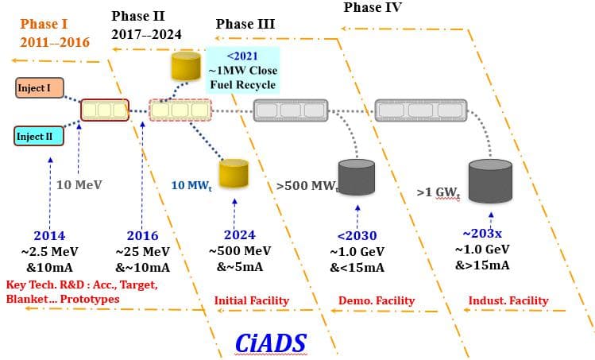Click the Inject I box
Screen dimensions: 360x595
tap(39, 87)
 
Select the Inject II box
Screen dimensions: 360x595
tap(39, 136)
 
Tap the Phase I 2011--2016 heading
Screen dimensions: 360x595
tap(55, 33)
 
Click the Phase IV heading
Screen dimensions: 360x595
tap(373, 7)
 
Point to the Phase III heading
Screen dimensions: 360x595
tap(245, 24)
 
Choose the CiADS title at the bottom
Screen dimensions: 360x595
tap(271, 342)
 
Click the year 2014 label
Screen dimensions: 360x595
tap(49, 235)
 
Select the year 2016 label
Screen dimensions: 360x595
tap(142, 235)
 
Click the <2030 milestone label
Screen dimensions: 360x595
tap(357, 235)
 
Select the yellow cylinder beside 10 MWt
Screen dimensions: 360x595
tap(234, 174)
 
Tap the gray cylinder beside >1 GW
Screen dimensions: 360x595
tap(489, 182)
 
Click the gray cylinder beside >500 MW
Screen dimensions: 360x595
tap(356, 177)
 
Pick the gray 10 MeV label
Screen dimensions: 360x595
tap(79, 185)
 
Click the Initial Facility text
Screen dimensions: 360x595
tap(252, 300)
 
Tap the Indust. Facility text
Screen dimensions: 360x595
tap(508, 300)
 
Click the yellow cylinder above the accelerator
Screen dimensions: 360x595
tap(186, 66)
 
